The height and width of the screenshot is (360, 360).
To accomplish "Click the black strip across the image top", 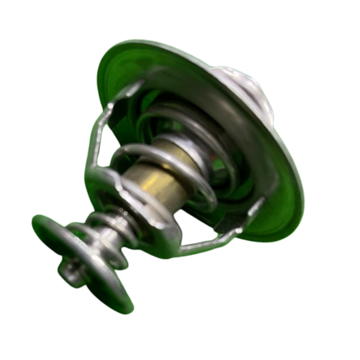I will click(180, 14).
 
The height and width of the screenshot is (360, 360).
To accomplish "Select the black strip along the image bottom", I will click(180, 345).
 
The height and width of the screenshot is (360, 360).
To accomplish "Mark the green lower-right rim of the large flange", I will click(288, 216).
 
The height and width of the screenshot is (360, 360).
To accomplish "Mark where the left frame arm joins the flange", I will click(136, 87).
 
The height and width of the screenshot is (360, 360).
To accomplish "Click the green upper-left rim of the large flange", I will click(111, 67).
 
